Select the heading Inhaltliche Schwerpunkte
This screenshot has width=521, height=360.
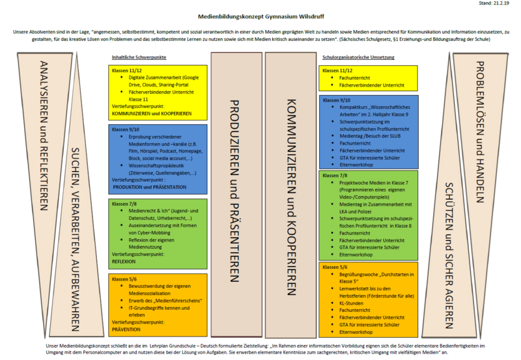[139, 57]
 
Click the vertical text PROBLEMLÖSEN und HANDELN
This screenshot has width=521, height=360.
[478, 124]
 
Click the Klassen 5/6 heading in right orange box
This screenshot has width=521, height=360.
[335, 267]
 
